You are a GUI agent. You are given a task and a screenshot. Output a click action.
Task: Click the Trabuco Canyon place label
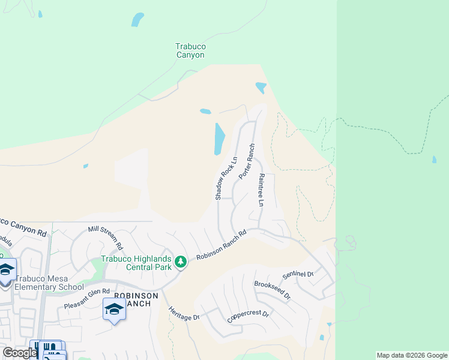(190, 50)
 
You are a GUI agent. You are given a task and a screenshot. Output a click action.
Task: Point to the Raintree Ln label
(261, 190)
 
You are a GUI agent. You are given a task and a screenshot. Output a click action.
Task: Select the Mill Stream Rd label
(105, 237)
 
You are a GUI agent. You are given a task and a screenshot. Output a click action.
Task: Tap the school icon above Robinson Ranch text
(114, 310)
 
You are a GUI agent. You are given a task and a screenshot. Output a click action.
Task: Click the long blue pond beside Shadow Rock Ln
(220, 139)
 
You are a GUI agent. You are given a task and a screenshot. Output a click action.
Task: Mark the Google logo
(19, 353)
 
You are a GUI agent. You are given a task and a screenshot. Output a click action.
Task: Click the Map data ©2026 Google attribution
(412, 355)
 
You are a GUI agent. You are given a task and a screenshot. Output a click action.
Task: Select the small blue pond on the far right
(434, 160)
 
